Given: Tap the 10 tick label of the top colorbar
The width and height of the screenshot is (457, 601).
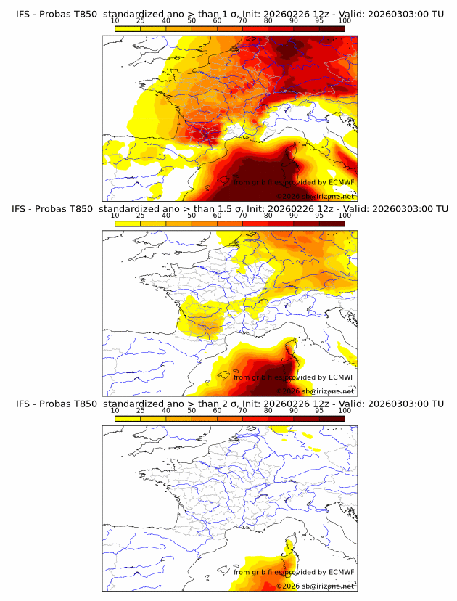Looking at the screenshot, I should tap(115, 21).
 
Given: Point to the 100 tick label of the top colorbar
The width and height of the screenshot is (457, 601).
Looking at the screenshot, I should tap(345, 21).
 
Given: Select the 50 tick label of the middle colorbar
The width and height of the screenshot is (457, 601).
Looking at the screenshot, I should tap(192, 216).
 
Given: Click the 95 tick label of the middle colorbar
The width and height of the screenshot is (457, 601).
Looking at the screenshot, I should tap(319, 216).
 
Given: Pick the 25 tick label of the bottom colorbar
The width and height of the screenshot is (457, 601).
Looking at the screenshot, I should tap(141, 410).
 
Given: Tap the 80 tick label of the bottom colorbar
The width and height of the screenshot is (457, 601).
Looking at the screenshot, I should tap(268, 410).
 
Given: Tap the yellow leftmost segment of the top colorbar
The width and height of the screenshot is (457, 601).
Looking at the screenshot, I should tap(128, 28).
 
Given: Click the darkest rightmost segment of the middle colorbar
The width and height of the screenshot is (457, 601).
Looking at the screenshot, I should tap(332, 224).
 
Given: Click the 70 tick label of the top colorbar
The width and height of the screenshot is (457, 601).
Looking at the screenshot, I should tap(243, 21).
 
